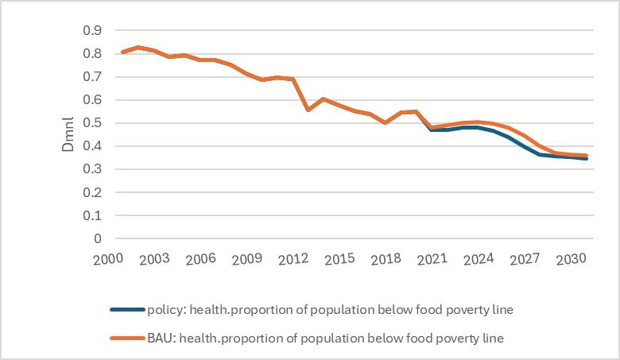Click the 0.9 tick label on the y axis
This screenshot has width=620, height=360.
point(92,30)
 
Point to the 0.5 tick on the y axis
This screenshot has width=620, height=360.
point(92,123)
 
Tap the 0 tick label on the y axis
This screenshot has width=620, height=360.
point(98,238)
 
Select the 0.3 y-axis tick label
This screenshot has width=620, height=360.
point(92,169)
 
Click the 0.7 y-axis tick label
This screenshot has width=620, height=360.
point(92,77)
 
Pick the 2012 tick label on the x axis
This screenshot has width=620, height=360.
point(293,259)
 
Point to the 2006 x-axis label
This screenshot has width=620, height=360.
point(200,259)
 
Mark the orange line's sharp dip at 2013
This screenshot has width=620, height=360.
point(308,109)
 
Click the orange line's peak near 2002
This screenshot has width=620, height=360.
point(138,48)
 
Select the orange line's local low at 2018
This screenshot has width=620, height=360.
point(386,122)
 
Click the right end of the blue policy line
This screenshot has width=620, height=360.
point(587,159)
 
